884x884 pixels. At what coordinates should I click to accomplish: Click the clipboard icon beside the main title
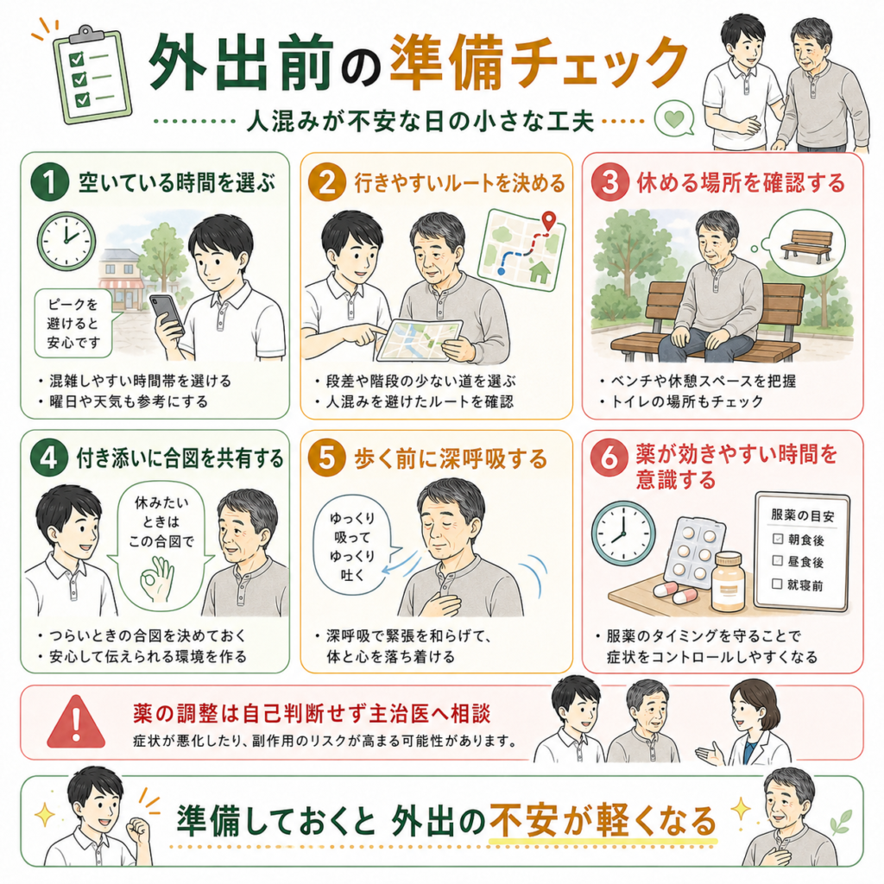pyautogui.click(x=92, y=74)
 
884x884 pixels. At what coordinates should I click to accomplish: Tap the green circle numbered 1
pyautogui.click(x=49, y=182)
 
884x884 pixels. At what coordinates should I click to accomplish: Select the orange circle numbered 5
pyautogui.click(x=326, y=458)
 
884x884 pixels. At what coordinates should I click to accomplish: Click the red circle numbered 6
pyautogui.click(x=609, y=458)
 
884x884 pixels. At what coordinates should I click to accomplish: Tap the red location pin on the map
pyautogui.click(x=547, y=220)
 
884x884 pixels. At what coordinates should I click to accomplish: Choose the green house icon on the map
pyautogui.click(x=540, y=271)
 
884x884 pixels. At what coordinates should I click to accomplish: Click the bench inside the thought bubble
pyautogui.click(x=806, y=244)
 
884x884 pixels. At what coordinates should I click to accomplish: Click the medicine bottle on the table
pyautogui.click(x=728, y=582)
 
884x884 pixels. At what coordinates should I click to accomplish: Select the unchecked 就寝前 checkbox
pyautogui.click(x=777, y=584)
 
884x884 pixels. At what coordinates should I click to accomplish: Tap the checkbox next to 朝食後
pyautogui.click(x=778, y=539)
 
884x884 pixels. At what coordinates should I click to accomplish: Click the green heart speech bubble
pyautogui.click(x=674, y=119)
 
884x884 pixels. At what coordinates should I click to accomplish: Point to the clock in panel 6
pyautogui.click(x=623, y=533)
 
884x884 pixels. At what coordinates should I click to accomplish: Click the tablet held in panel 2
pyautogui.click(x=420, y=340)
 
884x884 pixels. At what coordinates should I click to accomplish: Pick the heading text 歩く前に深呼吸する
pyautogui.click(x=451, y=458)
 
